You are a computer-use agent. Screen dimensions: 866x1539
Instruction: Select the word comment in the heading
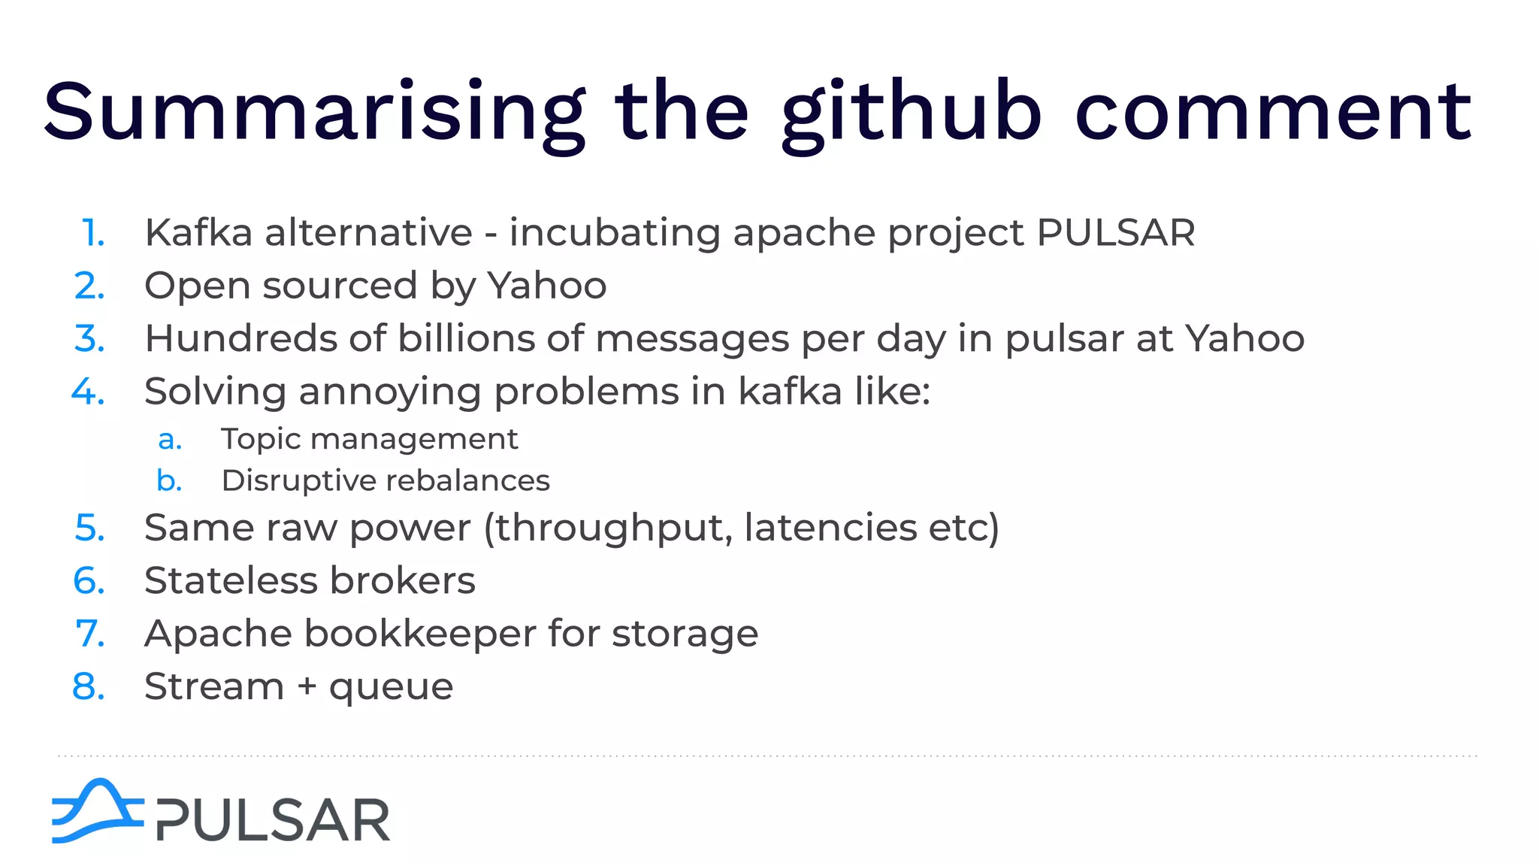point(1273,113)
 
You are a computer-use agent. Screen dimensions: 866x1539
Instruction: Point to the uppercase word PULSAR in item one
point(1115,232)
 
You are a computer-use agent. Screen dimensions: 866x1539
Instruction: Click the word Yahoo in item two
point(546,286)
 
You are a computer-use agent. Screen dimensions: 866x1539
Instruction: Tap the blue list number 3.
point(89,338)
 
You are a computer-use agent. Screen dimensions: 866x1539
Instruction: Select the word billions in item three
point(465,338)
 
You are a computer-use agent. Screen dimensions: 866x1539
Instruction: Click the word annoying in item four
point(389,392)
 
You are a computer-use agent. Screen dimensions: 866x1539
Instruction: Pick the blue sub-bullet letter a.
point(170,439)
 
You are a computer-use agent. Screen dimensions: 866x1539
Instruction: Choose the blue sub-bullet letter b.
point(170,480)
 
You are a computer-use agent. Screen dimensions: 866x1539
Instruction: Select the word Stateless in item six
point(231,580)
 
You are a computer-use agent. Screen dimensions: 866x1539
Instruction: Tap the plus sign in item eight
point(306,686)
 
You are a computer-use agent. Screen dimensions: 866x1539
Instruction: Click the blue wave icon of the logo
point(97,811)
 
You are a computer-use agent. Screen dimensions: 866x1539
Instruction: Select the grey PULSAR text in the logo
point(273,820)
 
